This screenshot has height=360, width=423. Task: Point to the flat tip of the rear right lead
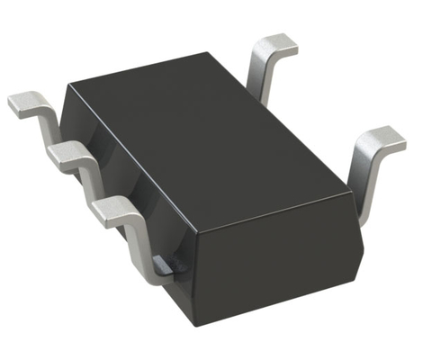pos(275,46)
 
